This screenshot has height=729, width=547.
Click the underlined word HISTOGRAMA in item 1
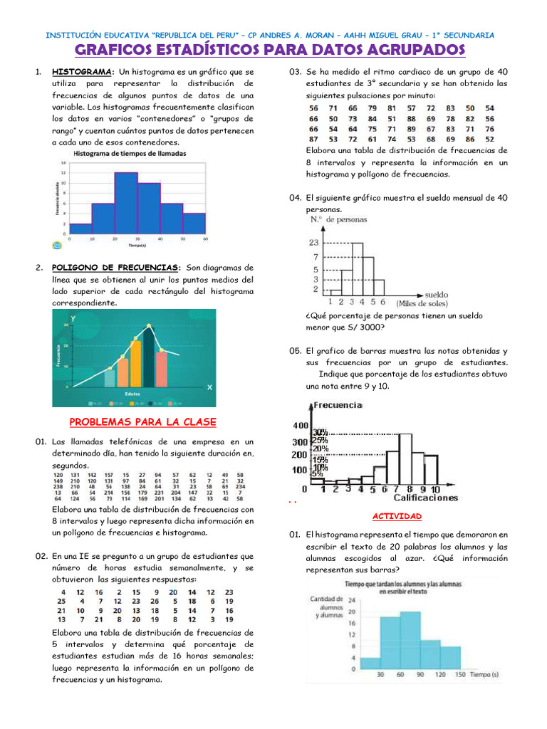tap(82, 73)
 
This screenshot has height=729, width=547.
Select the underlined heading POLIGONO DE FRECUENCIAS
tap(115, 267)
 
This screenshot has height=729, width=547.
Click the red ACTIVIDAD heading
tap(397, 516)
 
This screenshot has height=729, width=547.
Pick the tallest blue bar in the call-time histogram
tap(126, 203)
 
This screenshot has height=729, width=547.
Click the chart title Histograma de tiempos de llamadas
tap(130, 154)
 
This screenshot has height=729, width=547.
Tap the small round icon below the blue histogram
tap(57, 245)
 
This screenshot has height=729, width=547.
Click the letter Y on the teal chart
tap(73, 318)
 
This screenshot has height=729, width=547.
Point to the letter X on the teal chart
tap(209, 387)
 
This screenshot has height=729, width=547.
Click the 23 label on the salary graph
tap(313, 243)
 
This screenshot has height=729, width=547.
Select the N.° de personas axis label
tap(338, 220)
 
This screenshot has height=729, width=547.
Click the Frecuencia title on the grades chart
tap(338, 405)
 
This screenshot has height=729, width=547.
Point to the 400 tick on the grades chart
tap(297, 426)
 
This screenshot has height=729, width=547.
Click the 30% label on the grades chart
tap(320, 432)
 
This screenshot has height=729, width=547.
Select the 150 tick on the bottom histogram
tap(460, 673)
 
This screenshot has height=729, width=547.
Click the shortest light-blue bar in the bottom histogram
tap(370, 663)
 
